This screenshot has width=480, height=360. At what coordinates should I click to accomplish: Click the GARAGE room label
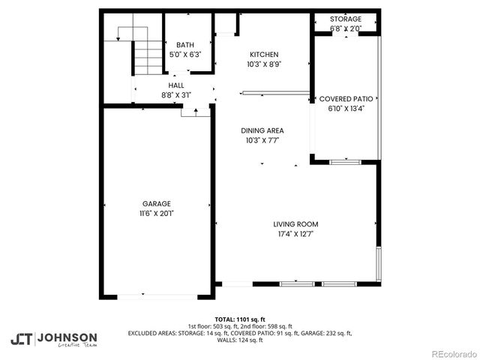click(157, 203)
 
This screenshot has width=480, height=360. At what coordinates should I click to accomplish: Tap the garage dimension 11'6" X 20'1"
click(157, 213)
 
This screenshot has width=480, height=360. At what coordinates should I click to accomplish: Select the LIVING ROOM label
click(295, 224)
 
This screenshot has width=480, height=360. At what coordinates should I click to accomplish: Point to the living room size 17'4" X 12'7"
click(295, 234)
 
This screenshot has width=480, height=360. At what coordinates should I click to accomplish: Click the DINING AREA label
click(262, 130)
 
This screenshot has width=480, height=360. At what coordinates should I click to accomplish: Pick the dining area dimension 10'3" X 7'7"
click(262, 140)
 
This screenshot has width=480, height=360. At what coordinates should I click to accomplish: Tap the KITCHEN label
click(264, 55)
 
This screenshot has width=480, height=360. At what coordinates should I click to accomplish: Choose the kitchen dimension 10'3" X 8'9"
click(264, 64)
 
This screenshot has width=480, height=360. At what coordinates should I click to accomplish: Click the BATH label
click(184, 45)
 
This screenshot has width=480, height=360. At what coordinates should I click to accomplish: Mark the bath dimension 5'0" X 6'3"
click(184, 55)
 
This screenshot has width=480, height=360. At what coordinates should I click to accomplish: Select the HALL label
click(176, 86)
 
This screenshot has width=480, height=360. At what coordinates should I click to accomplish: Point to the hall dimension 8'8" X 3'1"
click(176, 96)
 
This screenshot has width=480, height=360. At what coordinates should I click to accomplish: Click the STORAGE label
click(346, 19)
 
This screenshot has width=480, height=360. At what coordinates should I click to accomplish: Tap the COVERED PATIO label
click(346, 99)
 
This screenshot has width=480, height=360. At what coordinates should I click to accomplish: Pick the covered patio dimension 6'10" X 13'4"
click(346, 109)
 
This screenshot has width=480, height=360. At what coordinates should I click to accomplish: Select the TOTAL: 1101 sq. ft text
click(240, 319)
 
